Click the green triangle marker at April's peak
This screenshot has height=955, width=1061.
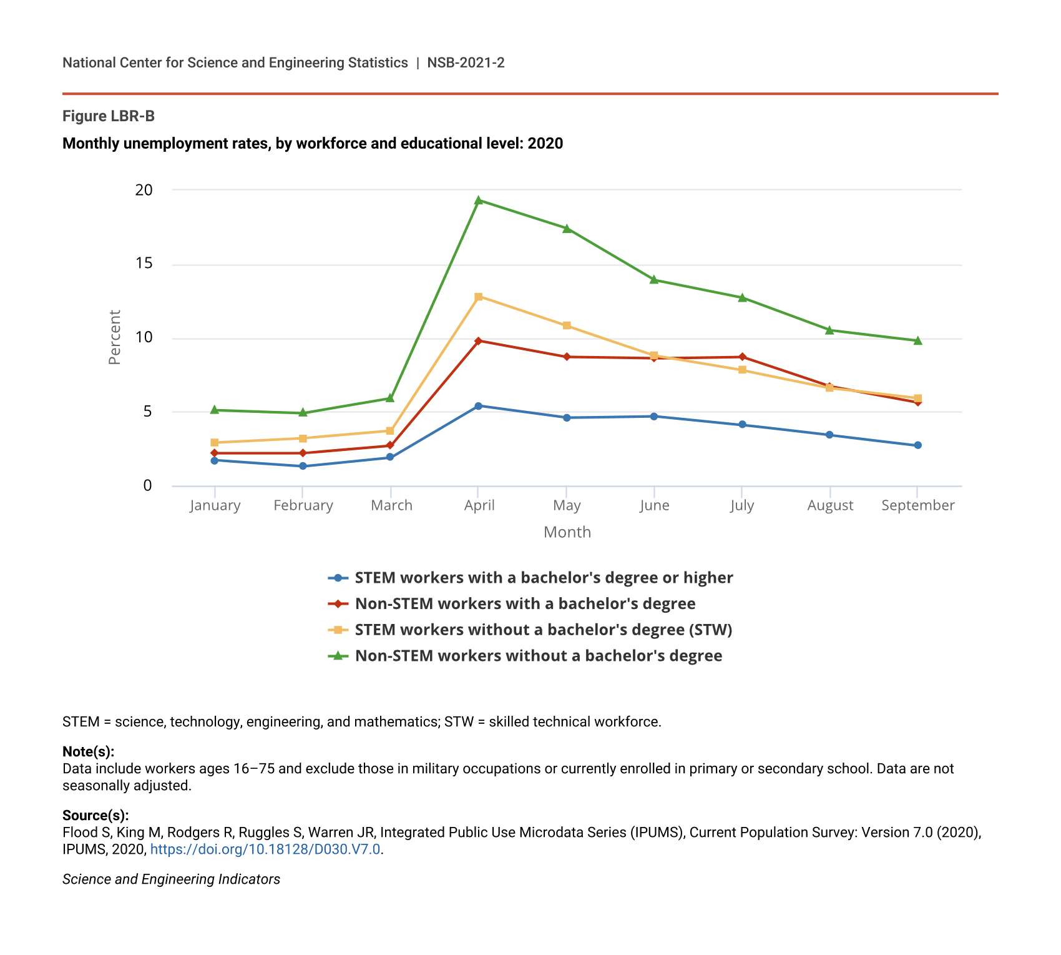click(479, 200)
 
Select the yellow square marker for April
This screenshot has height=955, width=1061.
click(479, 297)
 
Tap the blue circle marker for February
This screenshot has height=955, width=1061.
click(303, 466)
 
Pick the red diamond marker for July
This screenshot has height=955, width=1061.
click(742, 357)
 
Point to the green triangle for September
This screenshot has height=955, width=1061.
click(917, 340)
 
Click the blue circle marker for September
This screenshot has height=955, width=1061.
click(917, 445)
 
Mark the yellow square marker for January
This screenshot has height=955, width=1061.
click(215, 442)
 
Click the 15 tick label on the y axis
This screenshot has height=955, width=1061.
click(144, 264)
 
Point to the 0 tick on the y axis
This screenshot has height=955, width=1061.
click(147, 486)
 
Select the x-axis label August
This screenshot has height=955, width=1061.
click(830, 505)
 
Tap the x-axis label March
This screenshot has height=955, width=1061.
click(391, 505)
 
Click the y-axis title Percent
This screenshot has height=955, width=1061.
click(115, 337)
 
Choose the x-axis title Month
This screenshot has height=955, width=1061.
click(567, 532)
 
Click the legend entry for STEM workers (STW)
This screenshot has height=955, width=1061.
click(543, 630)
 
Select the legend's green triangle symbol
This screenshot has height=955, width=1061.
click(338, 656)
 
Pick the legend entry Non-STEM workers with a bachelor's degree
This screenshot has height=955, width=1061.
click(525, 604)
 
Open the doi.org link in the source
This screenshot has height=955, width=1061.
click(265, 849)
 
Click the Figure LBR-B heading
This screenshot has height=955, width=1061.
click(109, 116)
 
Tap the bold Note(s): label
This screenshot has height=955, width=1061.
click(88, 751)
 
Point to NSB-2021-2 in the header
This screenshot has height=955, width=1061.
click(466, 62)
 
